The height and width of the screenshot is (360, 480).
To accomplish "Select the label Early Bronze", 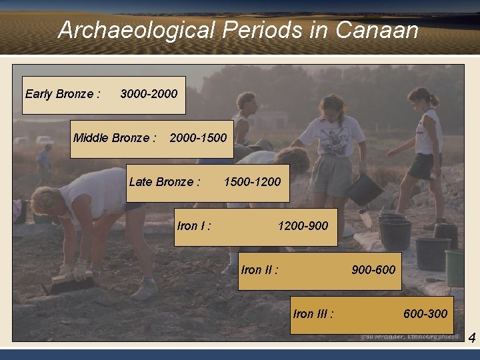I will coord(63,93).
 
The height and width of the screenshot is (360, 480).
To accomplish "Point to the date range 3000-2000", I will coord(149,93).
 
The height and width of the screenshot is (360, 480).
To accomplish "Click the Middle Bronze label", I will coord(115,138).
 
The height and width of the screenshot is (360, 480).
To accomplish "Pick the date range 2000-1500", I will coord(198,138).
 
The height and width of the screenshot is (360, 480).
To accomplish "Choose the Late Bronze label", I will coord(165,181).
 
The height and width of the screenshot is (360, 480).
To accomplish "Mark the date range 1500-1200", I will coord(252,181).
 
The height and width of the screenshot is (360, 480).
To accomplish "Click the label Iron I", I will coord(194,226).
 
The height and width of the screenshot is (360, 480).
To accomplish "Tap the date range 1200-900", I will coord(303,226).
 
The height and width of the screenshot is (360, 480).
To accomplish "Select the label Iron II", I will coord(260,269).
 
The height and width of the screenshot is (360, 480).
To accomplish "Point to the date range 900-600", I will coord(373,269).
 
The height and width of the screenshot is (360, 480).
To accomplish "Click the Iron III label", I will coord(313,313).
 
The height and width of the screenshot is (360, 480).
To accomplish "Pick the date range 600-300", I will coord(425,313).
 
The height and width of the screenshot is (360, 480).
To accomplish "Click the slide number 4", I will coord(471,339).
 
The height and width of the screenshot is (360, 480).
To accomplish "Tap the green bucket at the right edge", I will coord(455,267).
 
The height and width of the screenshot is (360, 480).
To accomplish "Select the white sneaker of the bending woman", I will coord(145,291).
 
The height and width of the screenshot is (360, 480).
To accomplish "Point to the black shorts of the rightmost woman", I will coord(424,166).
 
